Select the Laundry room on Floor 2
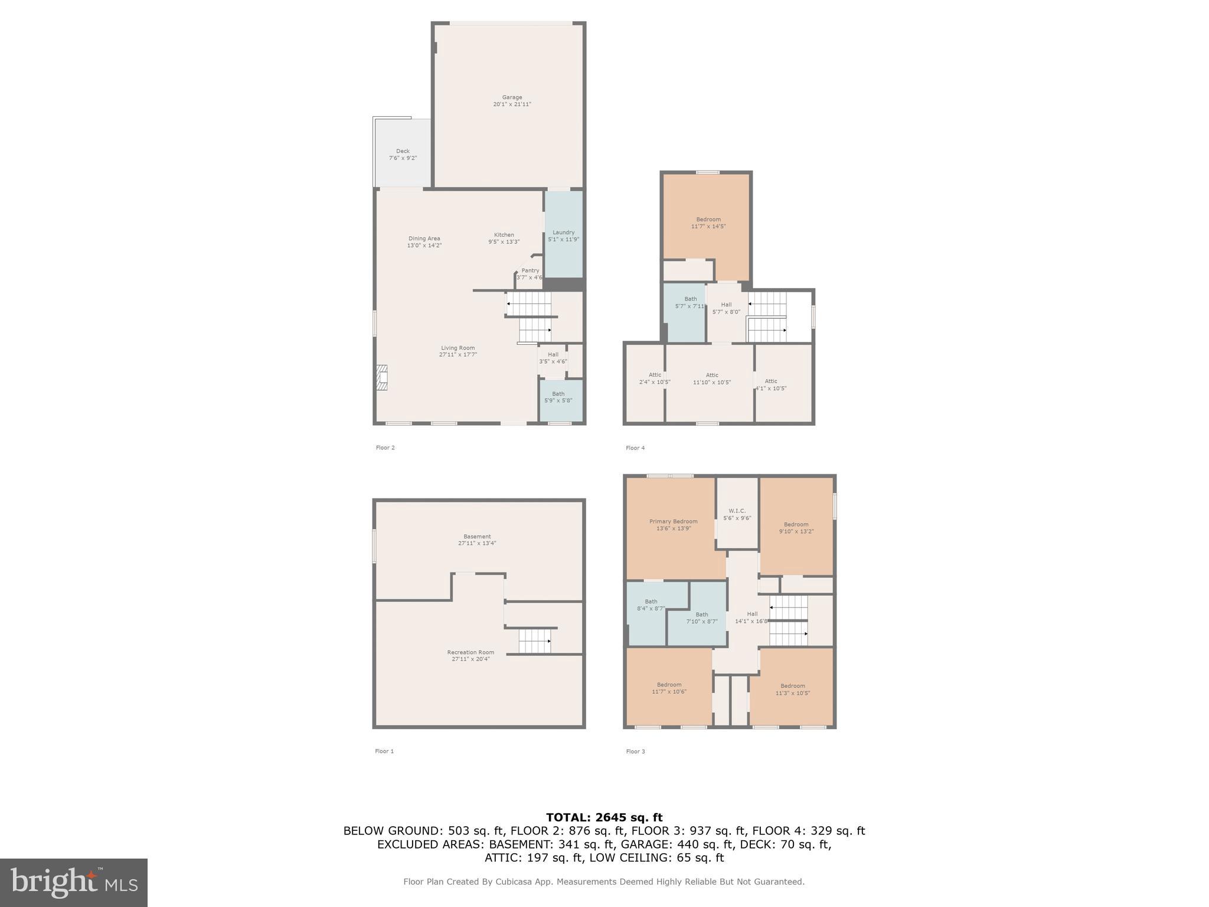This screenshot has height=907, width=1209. pos(563,235)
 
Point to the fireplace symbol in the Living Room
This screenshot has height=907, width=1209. pos(383,378)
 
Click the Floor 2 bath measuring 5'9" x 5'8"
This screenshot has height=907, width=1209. pos(558,397)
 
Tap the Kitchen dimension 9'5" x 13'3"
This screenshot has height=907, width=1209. pos(504,242)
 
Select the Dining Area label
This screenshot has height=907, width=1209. pos(424,239)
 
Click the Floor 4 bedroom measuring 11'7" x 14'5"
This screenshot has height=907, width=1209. pos(708,223)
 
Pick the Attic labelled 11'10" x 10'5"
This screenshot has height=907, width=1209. pos(712,379)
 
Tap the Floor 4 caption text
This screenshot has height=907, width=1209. pos(635,448)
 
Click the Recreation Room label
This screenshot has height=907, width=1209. pos(470,652)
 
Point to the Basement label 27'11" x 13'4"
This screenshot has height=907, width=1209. pos(477,540)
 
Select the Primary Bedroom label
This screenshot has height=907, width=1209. pos(673,521)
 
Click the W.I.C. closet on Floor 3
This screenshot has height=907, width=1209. pos(737,514)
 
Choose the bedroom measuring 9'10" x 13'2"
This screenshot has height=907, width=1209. pos(796,527)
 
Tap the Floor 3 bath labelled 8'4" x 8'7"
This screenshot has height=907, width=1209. pos(651,605)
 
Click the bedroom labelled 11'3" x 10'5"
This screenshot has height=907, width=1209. pos(792,689)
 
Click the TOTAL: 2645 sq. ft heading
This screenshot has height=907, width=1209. pos(604,817)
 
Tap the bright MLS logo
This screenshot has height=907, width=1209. pos(74,882)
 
